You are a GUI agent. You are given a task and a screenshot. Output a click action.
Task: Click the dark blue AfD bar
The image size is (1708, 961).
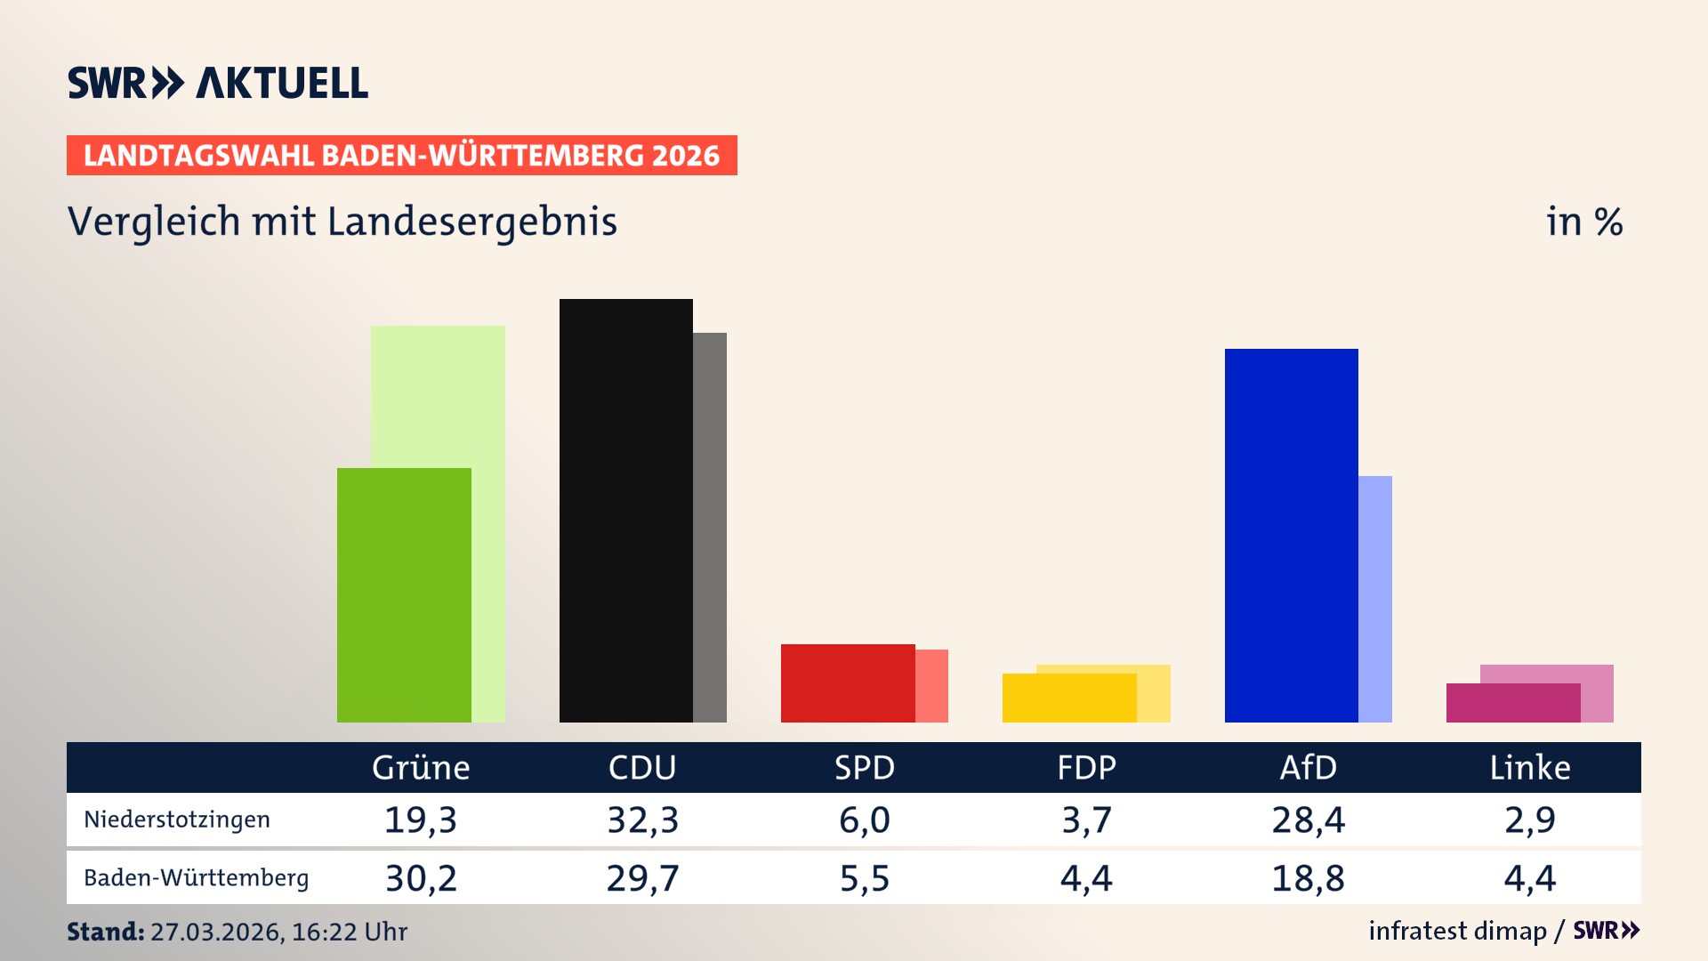[1291, 535]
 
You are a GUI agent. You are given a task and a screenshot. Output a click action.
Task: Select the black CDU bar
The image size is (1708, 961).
[625, 510]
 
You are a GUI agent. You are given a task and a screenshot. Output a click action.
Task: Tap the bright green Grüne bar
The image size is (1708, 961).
[404, 594]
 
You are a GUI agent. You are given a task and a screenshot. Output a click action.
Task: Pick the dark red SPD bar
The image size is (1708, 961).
[847, 682]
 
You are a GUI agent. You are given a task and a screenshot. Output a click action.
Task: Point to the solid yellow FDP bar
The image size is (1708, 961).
[1068, 698]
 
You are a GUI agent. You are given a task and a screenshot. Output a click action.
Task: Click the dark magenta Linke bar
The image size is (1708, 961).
[1512, 702]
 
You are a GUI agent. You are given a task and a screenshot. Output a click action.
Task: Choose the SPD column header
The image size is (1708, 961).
[864, 767]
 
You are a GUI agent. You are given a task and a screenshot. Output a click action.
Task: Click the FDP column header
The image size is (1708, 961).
[1085, 767]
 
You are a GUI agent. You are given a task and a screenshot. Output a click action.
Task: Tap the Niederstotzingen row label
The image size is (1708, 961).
[177, 820]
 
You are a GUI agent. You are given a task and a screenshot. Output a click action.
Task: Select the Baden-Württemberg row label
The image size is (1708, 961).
[196, 877]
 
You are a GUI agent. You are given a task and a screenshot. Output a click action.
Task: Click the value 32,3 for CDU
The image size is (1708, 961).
[642, 820]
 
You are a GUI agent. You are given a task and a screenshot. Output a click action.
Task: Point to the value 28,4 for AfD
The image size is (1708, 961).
[1308, 820]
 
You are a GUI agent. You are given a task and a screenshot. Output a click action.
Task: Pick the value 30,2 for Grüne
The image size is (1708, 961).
[421, 878]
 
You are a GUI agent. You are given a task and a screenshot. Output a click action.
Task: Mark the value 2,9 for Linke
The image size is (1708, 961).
[1529, 820]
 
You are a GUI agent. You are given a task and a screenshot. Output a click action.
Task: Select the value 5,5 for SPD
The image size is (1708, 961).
[864, 878]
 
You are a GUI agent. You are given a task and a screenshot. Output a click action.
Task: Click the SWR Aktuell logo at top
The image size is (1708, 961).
[217, 83]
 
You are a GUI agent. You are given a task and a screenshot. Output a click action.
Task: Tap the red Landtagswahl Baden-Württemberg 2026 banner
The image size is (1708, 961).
[401, 155]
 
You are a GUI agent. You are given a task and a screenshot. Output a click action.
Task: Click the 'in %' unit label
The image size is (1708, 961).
[1583, 222]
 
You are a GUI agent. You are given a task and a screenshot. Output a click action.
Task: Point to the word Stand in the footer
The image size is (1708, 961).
[105, 932]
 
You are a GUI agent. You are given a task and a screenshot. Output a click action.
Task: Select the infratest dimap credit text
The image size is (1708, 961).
[1456, 931]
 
